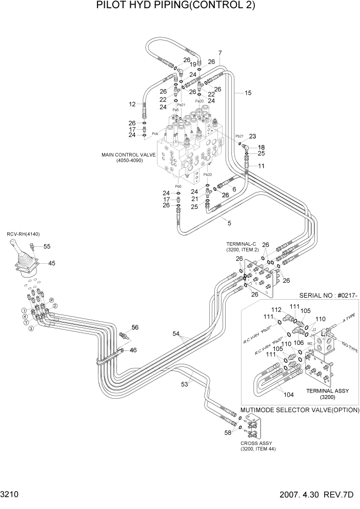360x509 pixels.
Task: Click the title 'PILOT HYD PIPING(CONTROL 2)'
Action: (x=175, y=6)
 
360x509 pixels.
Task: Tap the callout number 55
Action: (x=47, y=247)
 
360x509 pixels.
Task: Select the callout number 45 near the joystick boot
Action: (x=52, y=263)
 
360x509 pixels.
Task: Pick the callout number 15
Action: (x=248, y=93)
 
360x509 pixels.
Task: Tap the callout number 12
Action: (x=132, y=104)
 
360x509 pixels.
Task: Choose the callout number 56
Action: (x=135, y=327)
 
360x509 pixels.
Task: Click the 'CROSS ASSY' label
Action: (x=256, y=443)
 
